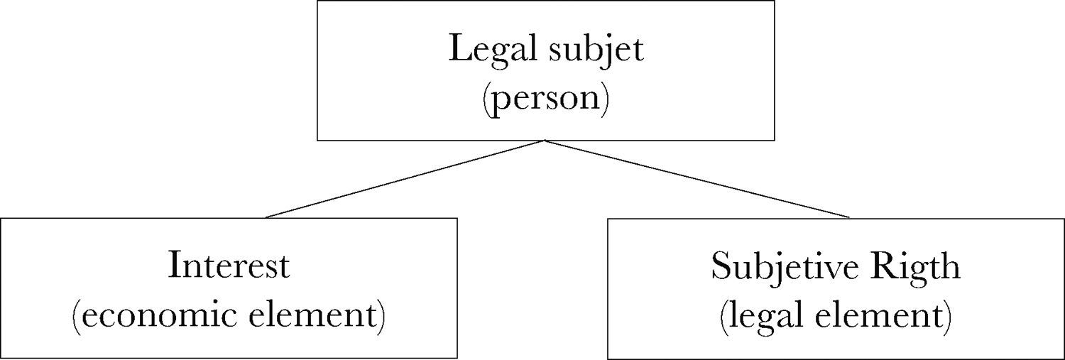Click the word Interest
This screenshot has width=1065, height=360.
click(229, 266)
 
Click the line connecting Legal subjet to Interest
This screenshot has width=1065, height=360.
click(405, 179)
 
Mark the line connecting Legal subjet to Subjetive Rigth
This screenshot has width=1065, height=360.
click(696, 179)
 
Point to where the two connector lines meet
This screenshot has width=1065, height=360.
click(545, 141)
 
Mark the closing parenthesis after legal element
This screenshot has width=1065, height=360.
click(946, 315)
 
